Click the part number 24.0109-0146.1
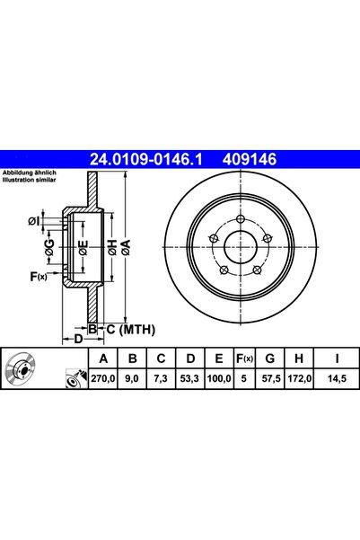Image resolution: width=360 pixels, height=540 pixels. (146, 159)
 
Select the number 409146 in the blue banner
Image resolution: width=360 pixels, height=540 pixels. (250, 159)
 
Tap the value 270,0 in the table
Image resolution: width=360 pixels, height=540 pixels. (103, 378)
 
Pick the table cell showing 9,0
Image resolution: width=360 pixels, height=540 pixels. (132, 378)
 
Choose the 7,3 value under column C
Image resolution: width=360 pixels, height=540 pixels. (161, 378)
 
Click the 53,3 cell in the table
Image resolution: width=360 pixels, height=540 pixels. (189, 378)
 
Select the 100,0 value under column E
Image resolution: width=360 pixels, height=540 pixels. (219, 378)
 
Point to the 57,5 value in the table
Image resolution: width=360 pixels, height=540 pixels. (271, 378)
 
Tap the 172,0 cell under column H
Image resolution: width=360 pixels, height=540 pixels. (300, 378)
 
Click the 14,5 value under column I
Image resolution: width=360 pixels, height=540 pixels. (337, 378)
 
